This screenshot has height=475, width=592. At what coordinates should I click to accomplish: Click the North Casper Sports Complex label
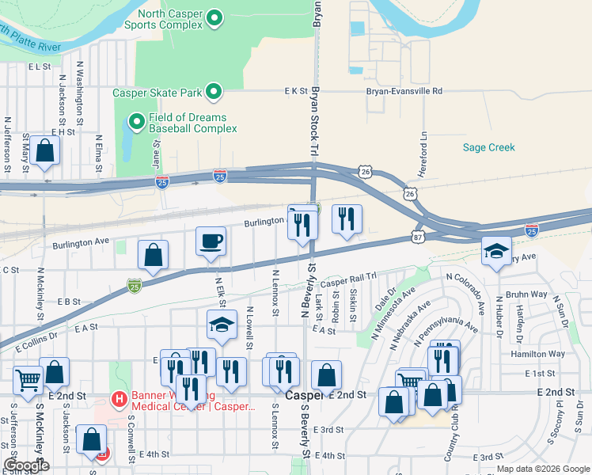tap(170, 20)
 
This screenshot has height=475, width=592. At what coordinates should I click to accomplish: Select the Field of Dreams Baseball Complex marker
tap(136, 123)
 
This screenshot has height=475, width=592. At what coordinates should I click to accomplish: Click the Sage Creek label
tap(488, 147)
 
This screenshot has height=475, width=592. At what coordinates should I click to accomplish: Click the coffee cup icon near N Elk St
tap(211, 241)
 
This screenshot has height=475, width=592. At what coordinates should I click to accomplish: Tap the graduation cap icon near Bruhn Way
tap(496, 252)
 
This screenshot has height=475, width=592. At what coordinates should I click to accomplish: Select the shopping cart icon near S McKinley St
tap(28, 381)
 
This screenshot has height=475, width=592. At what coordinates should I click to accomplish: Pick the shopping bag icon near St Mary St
tap(46, 150)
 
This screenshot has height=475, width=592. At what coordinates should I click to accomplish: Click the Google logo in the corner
tap(26, 465)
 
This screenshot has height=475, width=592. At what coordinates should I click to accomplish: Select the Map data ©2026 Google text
tap(542, 469)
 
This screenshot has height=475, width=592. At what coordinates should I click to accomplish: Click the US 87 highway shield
tap(417, 236)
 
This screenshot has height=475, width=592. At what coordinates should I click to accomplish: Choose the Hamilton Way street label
tap(542, 354)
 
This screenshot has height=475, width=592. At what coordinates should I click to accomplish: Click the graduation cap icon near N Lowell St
tap(222, 324)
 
